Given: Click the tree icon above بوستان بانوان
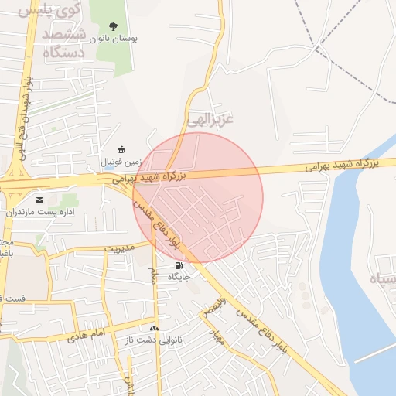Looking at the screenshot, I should [115, 27].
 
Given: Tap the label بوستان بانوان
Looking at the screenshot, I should [114, 39].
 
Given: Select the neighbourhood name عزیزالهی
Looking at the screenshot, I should [209, 118].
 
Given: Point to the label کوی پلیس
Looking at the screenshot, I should [36, 12].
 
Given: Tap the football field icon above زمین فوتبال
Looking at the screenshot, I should [120, 149].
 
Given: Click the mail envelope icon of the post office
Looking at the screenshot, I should [39, 200].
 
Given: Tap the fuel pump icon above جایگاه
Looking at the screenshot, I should [180, 266].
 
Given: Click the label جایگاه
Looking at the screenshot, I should [181, 278].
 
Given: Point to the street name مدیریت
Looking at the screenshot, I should [119, 249].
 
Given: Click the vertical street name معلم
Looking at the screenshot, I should [153, 273].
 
